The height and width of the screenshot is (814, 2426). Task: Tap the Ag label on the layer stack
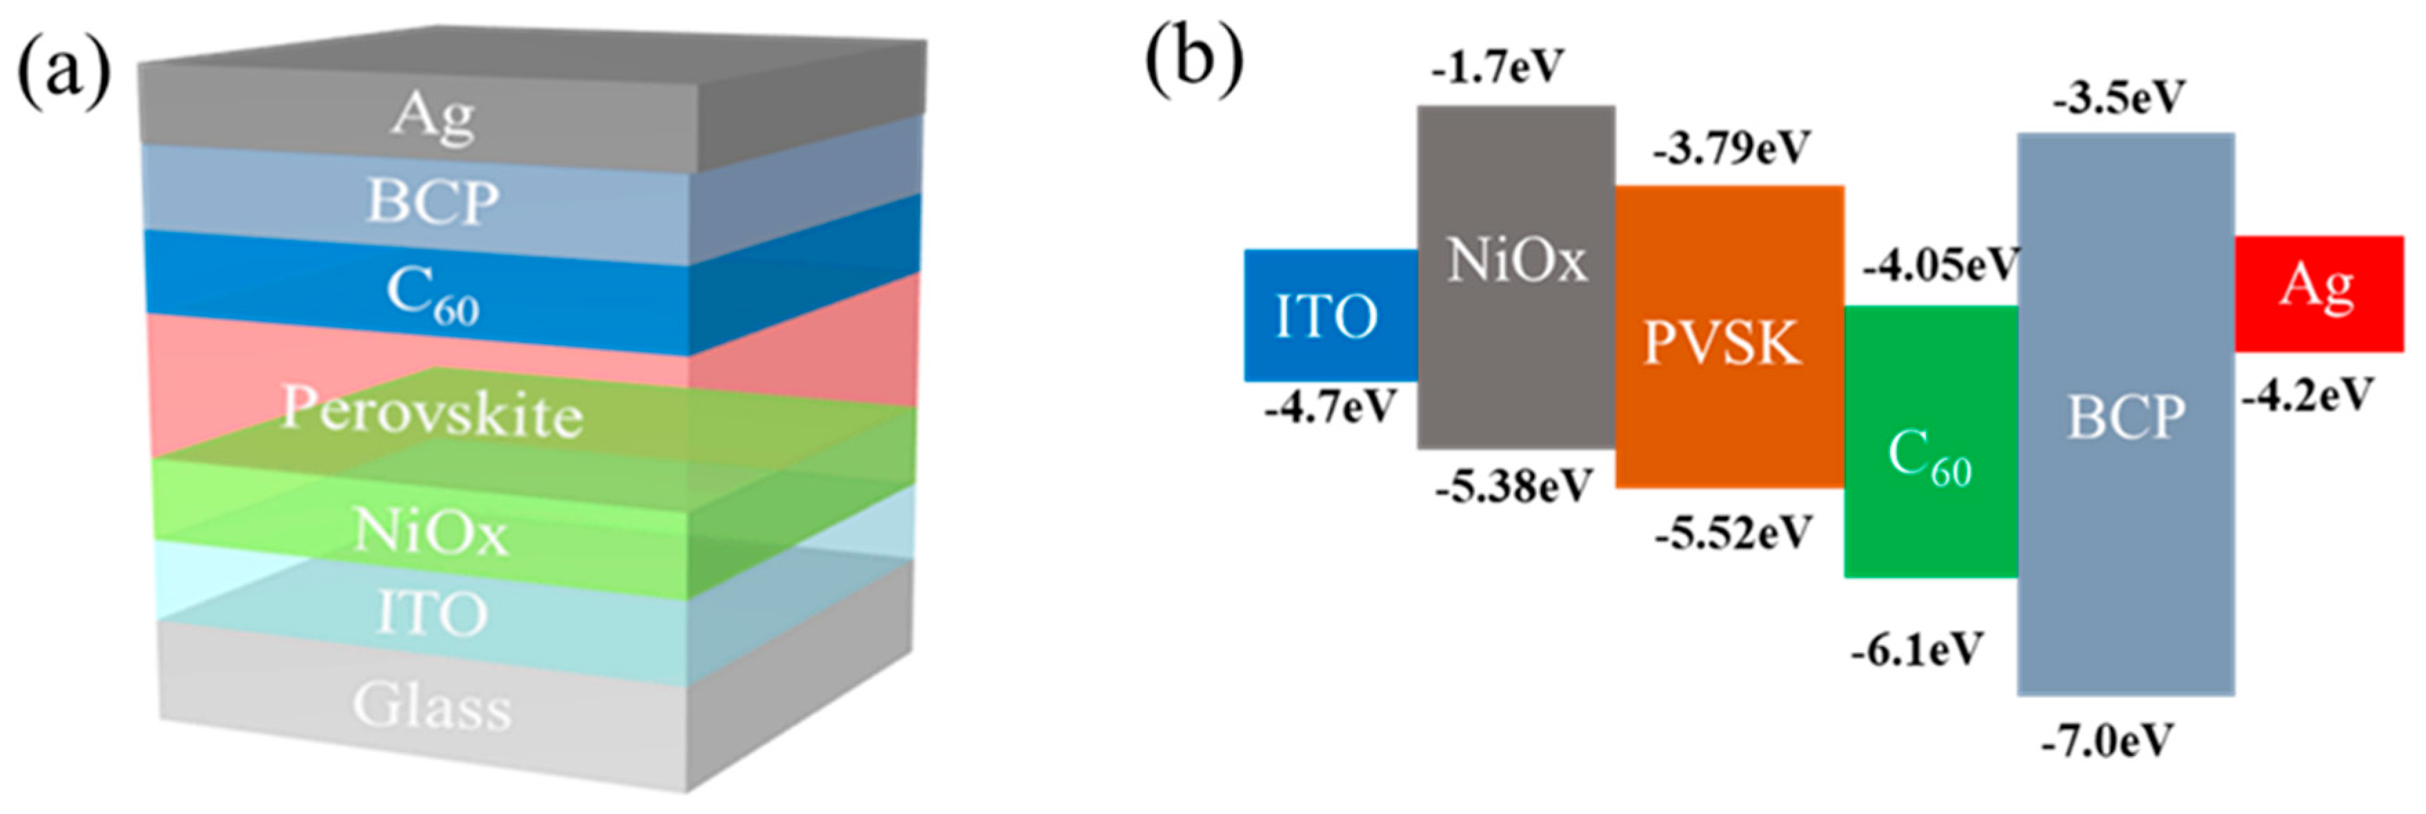pos(432,116)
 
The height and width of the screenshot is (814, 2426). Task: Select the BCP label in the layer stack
pos(432,202)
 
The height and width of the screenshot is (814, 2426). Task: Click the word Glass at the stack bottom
pos(432,706)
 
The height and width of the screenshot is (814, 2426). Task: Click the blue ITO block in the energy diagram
pos(1328,316)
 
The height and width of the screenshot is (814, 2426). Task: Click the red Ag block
pos(2318,293)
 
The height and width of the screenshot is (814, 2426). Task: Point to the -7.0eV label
pos(2107,742)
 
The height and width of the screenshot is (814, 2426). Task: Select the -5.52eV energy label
pos(1733,534)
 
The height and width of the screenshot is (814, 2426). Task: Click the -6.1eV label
pos(1916,649)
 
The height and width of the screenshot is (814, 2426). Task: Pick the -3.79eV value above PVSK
pos(1731,149)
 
